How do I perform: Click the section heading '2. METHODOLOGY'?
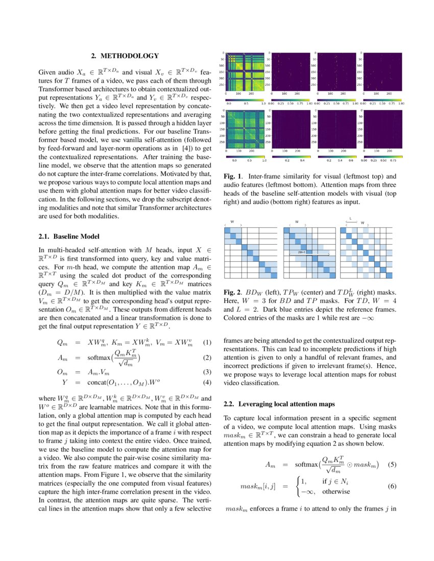125,56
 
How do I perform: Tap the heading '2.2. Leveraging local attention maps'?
279,404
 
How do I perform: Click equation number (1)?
207,342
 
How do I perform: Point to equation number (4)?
207,381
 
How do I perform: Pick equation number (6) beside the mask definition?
392,486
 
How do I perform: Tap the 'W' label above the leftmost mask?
232,222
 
